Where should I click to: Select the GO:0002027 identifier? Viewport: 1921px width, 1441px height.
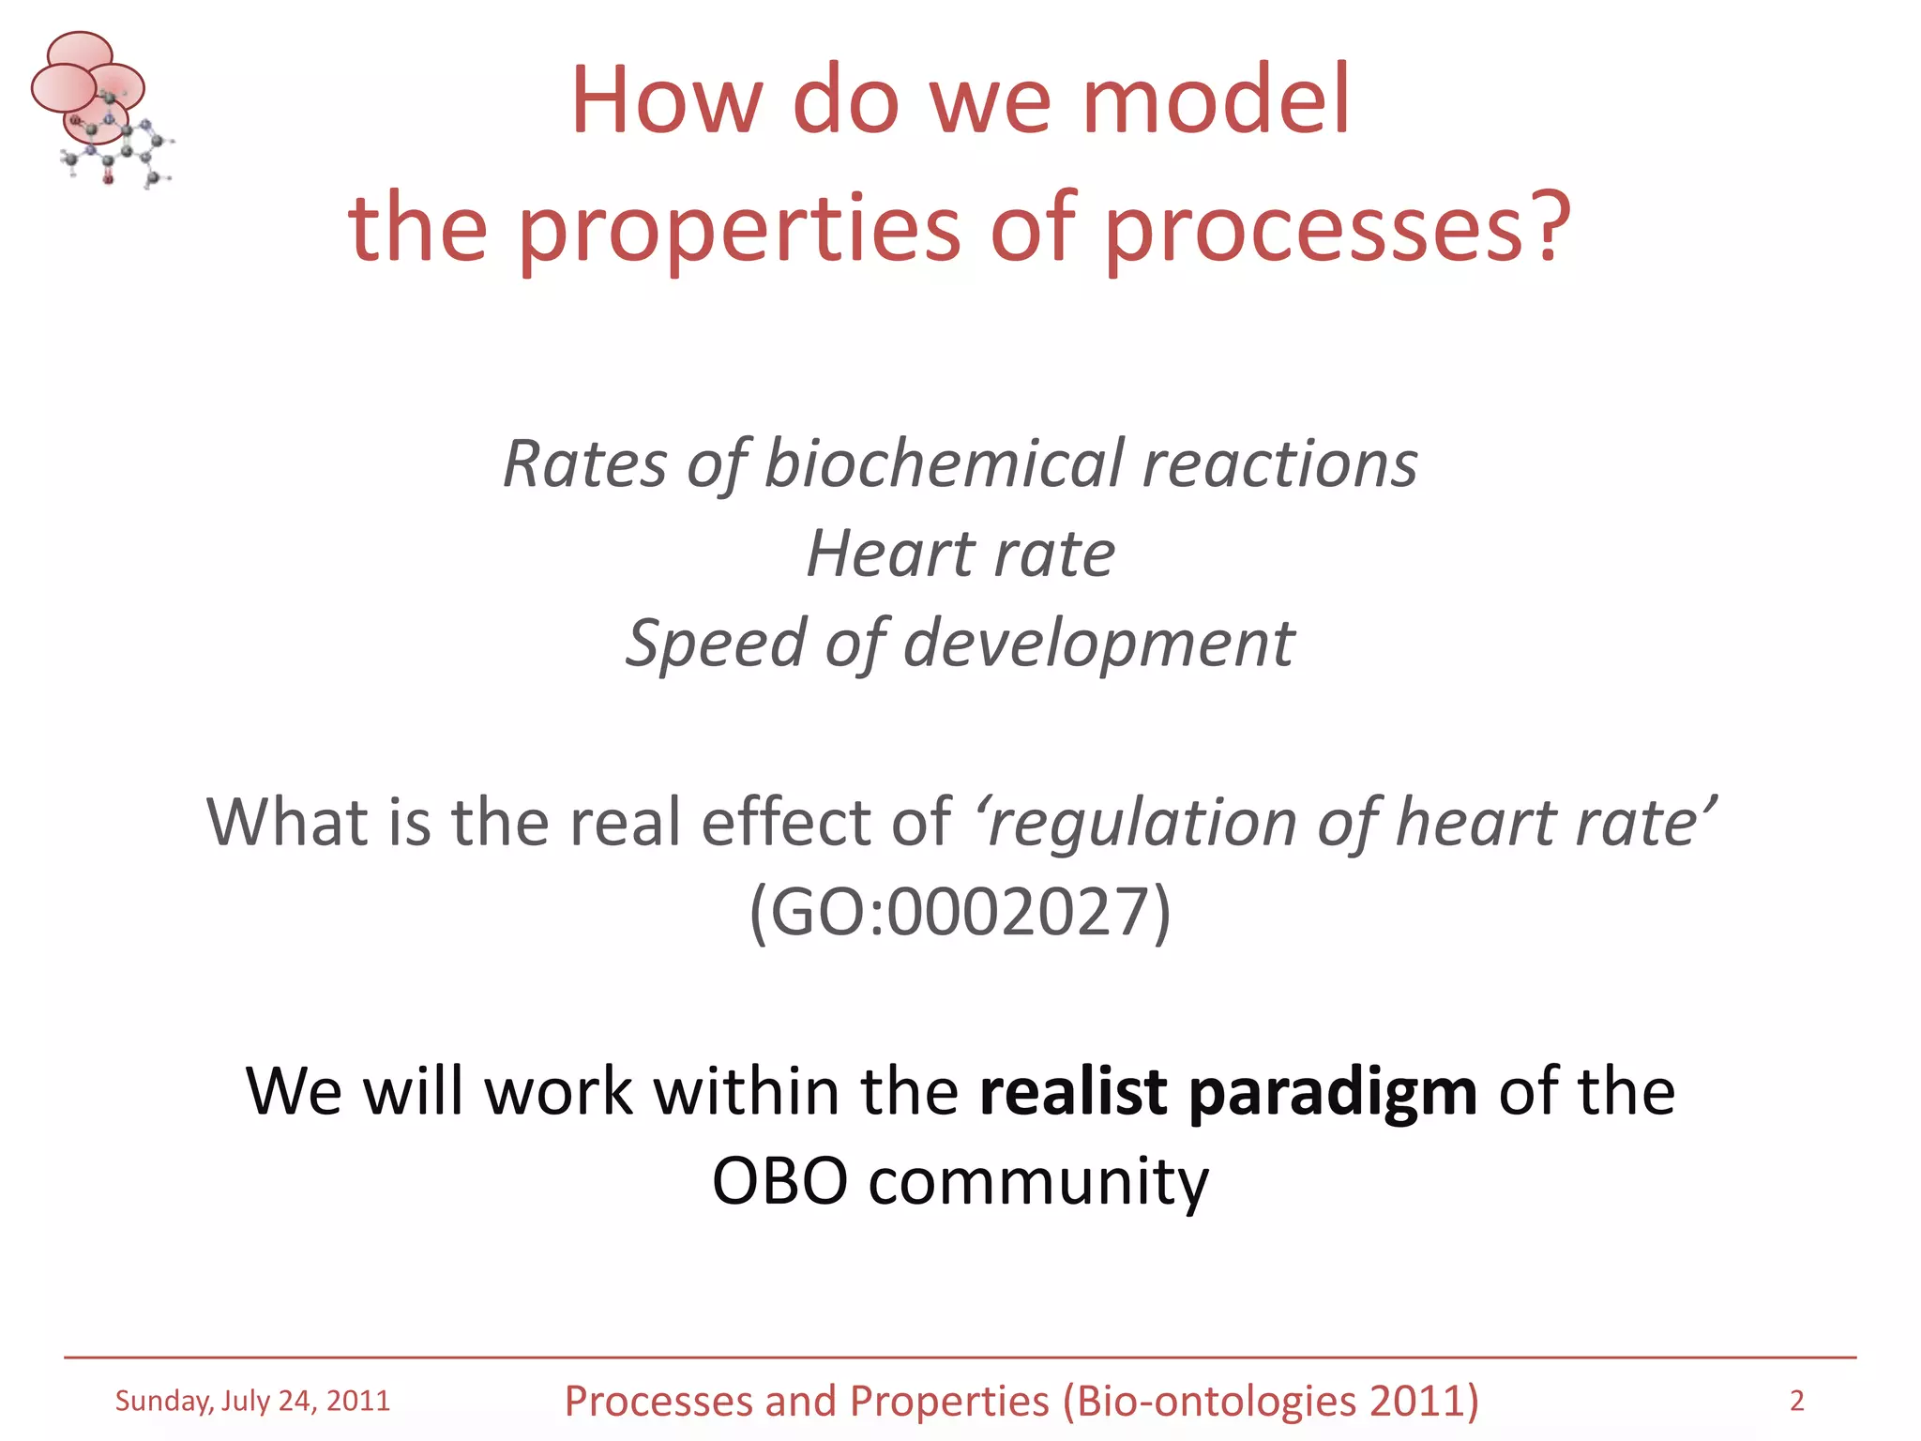point(960,911)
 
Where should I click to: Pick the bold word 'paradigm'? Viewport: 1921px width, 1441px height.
point(1333,1094)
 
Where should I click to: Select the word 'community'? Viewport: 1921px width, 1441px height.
point(1038,1182)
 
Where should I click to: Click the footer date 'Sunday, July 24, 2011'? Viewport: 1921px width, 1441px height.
point(252,1401)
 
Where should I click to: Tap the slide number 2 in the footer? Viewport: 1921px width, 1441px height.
point(1796,1401)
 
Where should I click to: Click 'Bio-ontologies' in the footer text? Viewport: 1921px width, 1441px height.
point(1216,1401)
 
